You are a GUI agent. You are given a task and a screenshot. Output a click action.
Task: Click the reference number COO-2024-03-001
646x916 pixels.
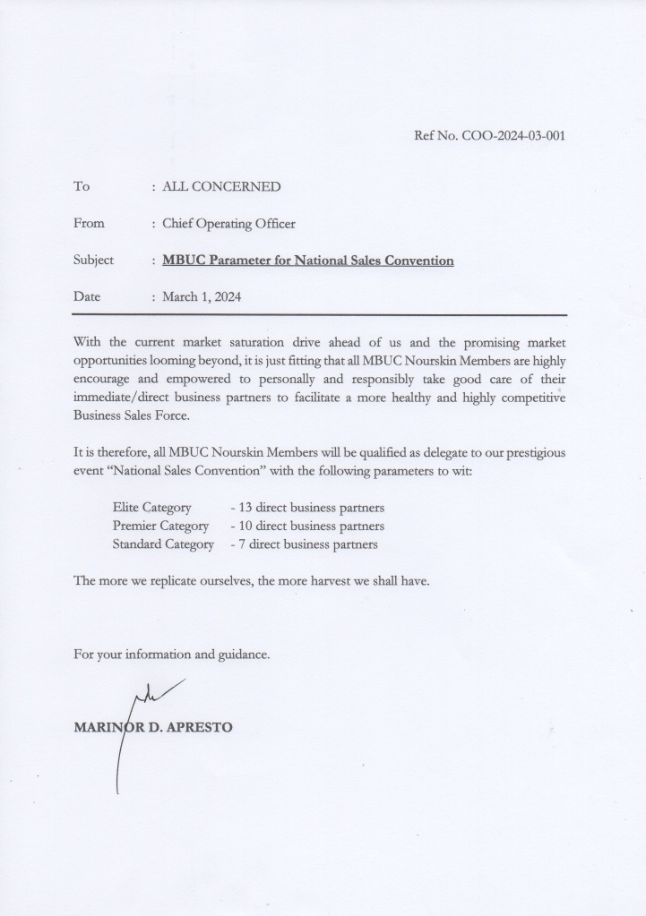click(513, 136)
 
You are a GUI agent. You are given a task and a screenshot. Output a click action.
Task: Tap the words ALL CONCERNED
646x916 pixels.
click(220, 186)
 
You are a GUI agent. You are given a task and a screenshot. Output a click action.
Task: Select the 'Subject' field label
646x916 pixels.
click(93, 260)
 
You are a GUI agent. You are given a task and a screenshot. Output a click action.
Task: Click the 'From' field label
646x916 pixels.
click(89, 223)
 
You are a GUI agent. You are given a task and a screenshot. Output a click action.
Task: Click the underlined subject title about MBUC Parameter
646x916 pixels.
click(307, 261)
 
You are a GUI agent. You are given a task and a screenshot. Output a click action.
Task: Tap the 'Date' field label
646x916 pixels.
click(87, 296)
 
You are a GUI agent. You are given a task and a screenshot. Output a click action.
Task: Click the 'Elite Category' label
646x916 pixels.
click(151, 508)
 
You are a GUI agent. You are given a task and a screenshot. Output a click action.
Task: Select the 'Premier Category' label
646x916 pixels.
click(160, 526)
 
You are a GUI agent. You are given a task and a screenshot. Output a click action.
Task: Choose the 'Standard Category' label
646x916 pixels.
click(163, 544)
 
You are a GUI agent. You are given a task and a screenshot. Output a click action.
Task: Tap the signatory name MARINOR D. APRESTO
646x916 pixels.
click(153, 726)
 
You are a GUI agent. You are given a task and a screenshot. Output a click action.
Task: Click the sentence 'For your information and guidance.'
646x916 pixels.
click(171, 654)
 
